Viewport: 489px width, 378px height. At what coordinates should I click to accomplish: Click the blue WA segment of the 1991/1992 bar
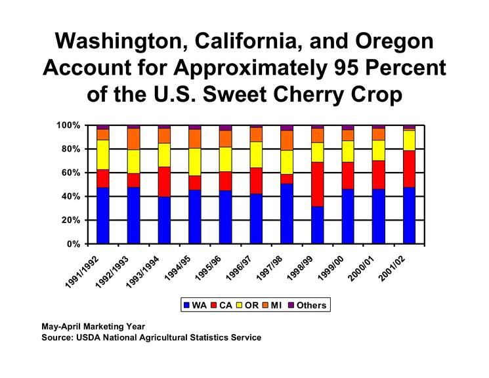(x=102, y=215)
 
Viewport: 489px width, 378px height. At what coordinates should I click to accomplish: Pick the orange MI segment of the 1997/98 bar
(x=286, y=140)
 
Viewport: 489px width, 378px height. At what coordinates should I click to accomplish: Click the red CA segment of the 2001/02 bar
(x=409, y=169)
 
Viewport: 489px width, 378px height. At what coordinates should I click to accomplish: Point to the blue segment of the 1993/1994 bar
(x=164, y=220)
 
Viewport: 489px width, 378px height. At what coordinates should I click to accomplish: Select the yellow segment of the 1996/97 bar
(x=256, y=154)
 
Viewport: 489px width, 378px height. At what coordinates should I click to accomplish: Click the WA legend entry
(x=195, y=305)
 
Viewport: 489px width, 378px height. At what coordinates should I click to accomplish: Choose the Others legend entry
(x=306, y=305)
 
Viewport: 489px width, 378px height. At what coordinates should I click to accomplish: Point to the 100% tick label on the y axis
(x=68, y=125)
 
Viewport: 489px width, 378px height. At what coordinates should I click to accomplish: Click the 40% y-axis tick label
(x=70, y=196)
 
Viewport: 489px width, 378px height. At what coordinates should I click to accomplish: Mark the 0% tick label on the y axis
(x=73, y=244)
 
